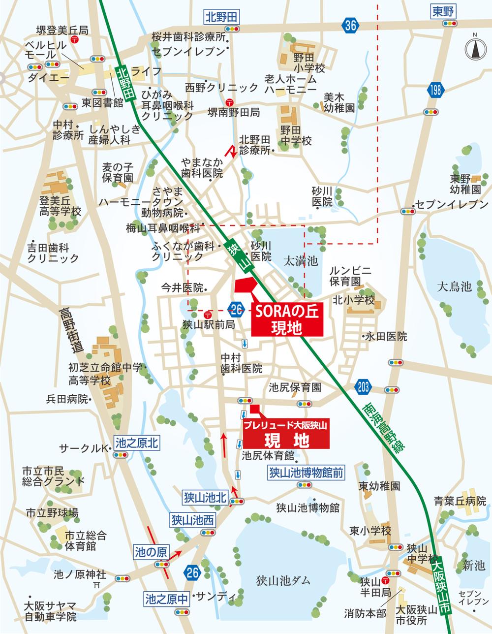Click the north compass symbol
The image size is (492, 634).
[x=475, y=48]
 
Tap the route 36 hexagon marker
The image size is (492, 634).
[x=350, y=26]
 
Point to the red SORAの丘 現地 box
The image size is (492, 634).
[x=287, y=319]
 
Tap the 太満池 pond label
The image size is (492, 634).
[x=301, y=261]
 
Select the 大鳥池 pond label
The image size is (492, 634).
[x=455, y=286]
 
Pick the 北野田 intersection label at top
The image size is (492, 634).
[x=221, y=17]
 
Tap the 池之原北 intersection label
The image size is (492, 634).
[x=136, y=443]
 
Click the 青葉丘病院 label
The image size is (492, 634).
[x=460, y=502]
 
